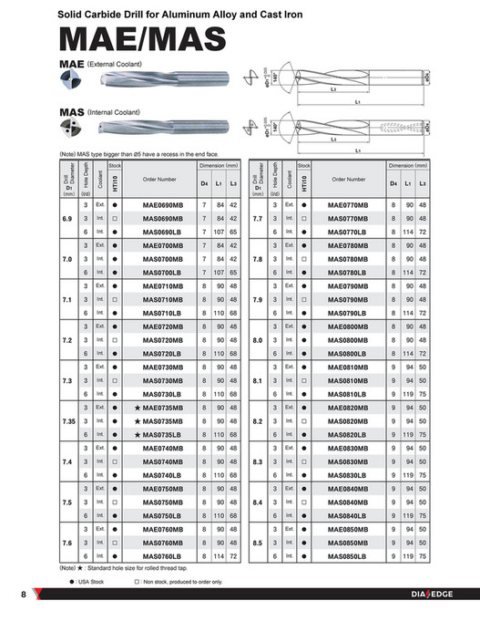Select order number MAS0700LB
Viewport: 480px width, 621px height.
(163, 273)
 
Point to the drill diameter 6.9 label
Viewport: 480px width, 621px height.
(66, 220)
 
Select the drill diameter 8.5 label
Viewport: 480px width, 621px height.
(257, 543)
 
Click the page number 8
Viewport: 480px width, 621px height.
(23, 595)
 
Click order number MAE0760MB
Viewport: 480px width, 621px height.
(163, 529)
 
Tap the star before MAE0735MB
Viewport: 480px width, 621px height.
(137, 408)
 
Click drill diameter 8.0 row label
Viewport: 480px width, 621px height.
(257, 340)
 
